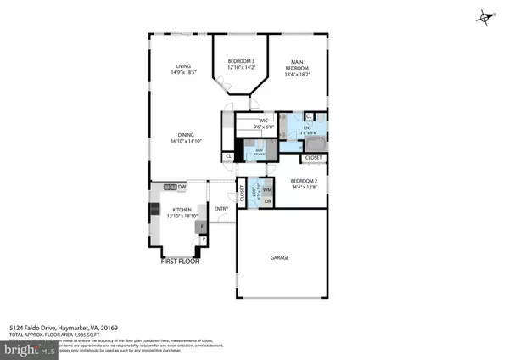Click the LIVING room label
(183, 65)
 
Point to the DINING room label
(185, 133)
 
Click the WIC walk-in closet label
(264, 121)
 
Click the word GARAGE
(280, 256)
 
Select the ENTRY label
(221, 209)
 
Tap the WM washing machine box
(266, 189)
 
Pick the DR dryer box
(266, 201)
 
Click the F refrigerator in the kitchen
(201, 227)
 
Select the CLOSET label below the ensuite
(314, 158)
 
